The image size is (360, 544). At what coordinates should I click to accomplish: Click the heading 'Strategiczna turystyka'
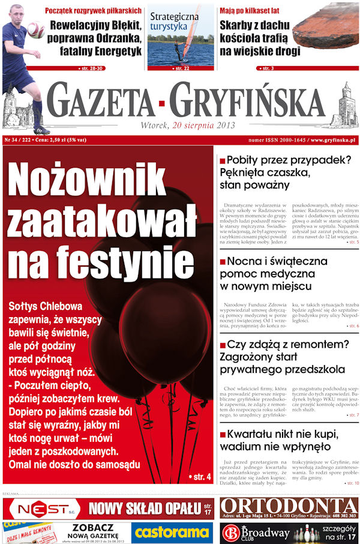[174, 22]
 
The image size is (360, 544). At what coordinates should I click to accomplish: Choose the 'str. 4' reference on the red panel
[201, 477]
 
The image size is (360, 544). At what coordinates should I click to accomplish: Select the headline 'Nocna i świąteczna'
[277, 262]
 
